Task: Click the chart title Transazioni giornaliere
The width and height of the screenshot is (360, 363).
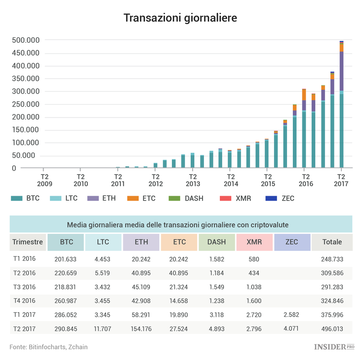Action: coord(180,18)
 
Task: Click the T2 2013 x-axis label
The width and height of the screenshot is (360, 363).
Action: coord(192,180)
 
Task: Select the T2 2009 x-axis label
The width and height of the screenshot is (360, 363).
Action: coord(43,180)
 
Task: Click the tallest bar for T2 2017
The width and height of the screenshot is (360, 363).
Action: coord(342,105)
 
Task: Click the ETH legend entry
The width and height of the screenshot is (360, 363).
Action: coord(101,198)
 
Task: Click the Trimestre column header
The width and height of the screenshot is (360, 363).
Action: coord(27,242)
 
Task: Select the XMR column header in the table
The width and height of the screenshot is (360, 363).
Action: coord(254,242)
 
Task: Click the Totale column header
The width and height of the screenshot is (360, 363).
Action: coord(332,242)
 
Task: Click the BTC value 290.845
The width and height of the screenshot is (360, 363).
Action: coord(66,328)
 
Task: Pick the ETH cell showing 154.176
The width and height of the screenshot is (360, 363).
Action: coord(141,328)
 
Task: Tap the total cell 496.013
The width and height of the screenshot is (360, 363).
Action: coord(332,328)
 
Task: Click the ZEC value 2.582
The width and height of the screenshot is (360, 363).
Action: coord(292,315)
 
